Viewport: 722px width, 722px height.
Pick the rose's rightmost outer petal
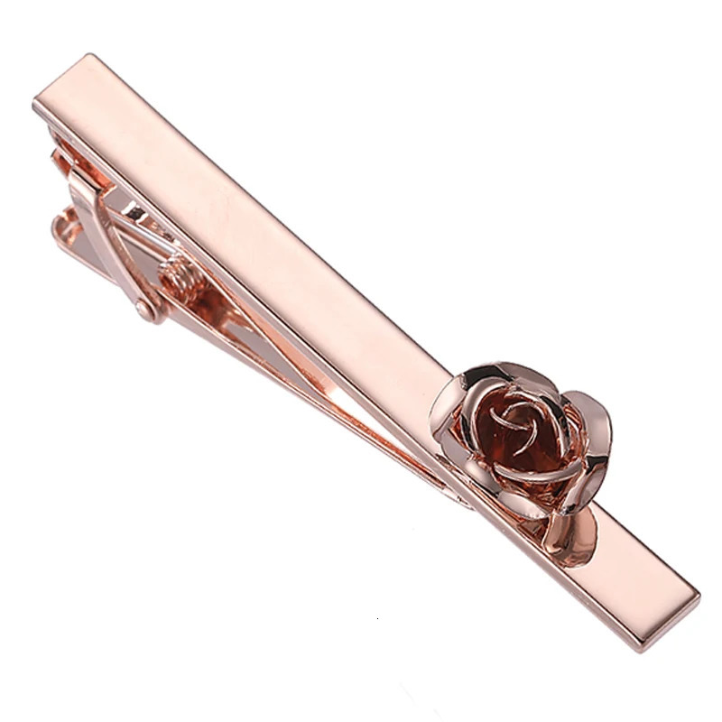point(596,442)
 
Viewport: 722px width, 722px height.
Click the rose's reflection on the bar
point(578,532)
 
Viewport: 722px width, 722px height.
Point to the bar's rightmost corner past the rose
point(699,596)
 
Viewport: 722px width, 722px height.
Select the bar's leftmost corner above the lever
point(34,106)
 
